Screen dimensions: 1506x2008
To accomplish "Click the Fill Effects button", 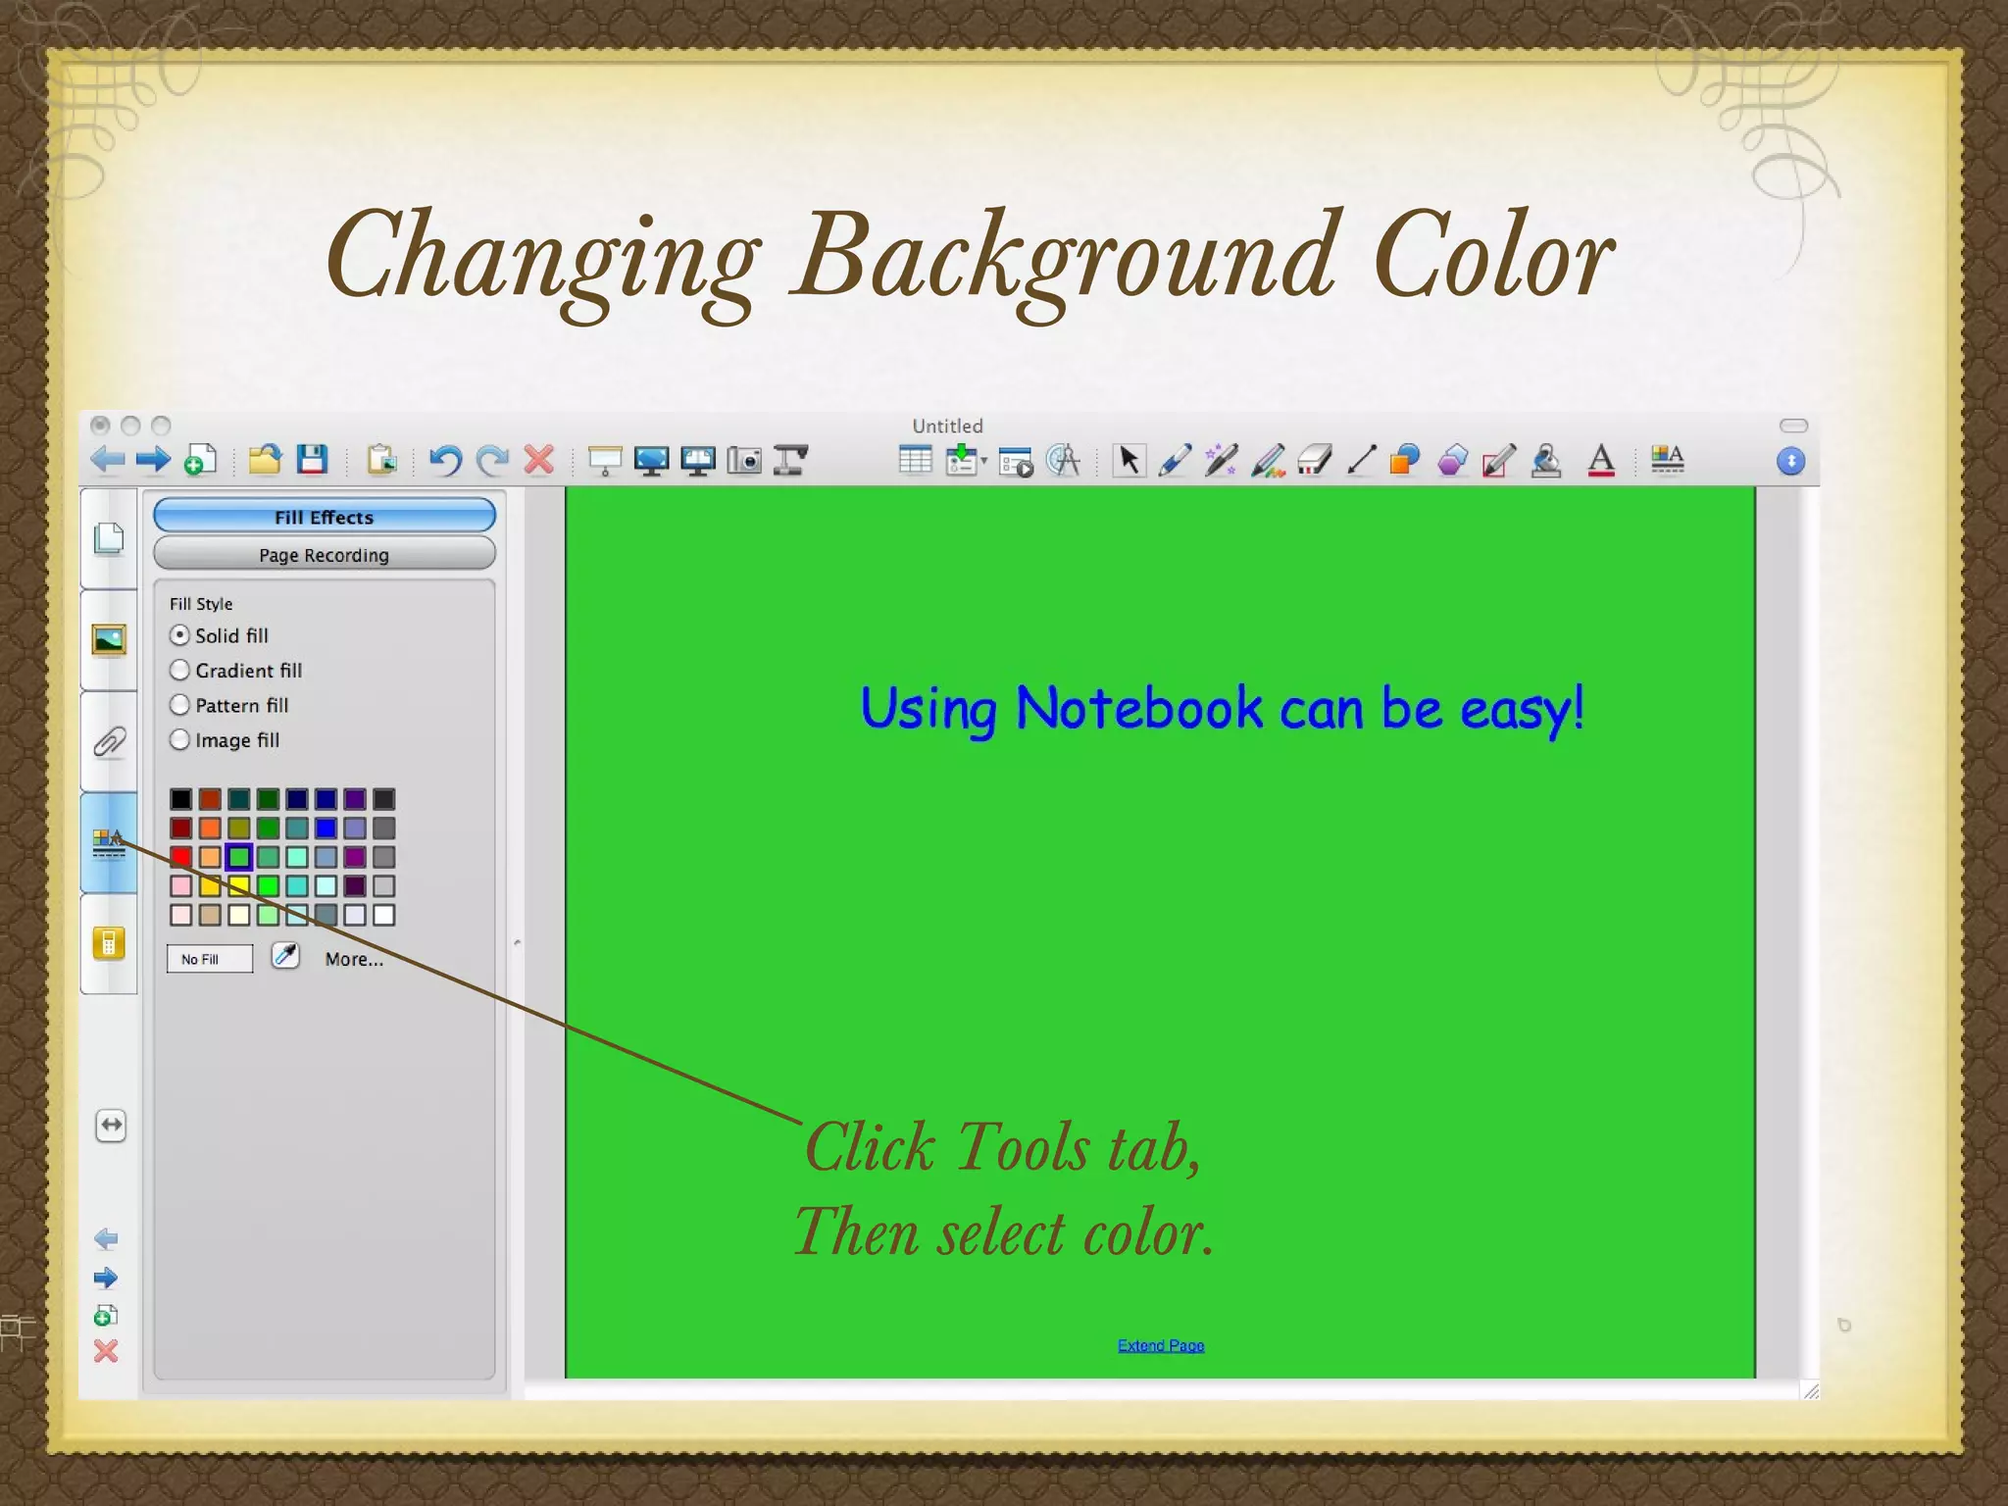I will [x=325, y=516].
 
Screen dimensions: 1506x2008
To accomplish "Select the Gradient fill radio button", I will [x=179, y=671].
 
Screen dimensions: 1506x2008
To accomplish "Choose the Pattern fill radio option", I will [x=179, y=705].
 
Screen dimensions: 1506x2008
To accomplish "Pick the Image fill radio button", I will [x=179, y=740].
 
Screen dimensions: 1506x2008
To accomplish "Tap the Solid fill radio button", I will [x=179, y=635].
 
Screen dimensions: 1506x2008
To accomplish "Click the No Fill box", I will [x=209, y=959].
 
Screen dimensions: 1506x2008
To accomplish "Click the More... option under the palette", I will [x=354, y=959].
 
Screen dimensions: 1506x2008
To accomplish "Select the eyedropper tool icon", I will [x=285, y=955].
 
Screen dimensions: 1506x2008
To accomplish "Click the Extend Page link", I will [x=1161, y=1345].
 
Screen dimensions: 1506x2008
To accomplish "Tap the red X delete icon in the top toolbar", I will [x=539, y=459].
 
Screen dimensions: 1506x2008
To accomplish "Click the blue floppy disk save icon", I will [x=312, y=459].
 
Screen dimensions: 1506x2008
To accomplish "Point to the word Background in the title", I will [x=1066, y=257].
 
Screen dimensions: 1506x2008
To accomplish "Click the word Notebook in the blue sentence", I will [x=1139, y=708].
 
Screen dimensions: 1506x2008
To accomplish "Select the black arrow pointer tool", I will [x=1129, y=459].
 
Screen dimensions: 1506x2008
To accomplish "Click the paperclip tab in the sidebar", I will [x=109, y=742].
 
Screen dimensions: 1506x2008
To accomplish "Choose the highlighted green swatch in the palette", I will [x=238, y=857].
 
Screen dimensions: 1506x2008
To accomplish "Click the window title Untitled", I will [x=947, y=426].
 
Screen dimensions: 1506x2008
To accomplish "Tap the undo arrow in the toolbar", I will [x=446, y=459].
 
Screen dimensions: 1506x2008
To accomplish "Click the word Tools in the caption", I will [x=1023, y=1147].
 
